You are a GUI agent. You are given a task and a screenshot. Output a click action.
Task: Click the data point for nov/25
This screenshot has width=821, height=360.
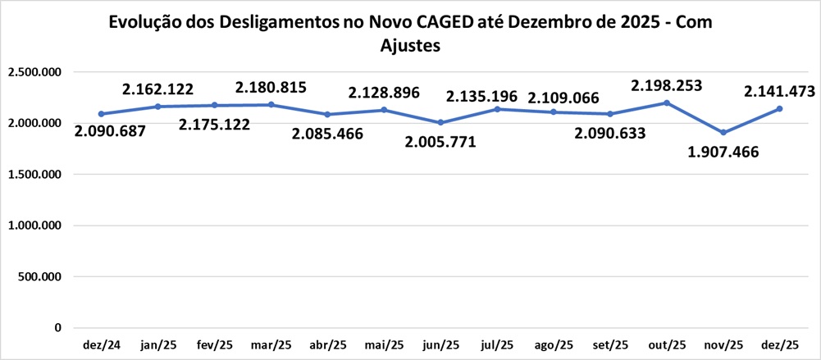click(x=723, y=132)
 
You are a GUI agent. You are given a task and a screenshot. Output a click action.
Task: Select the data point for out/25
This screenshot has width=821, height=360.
click(x=666, y=103)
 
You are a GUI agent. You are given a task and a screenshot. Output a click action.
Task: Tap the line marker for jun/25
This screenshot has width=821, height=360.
click(x=440, y=122)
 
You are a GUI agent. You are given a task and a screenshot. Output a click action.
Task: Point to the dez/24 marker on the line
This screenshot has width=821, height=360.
click(x=101, y=114)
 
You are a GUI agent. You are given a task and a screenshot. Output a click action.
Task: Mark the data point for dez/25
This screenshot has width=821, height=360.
click(x=779, y=108)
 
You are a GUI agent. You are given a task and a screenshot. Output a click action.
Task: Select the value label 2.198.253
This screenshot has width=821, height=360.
click(x=666, y=85)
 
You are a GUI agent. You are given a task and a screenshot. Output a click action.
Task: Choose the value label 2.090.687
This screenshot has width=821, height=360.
click(x=110, y=131)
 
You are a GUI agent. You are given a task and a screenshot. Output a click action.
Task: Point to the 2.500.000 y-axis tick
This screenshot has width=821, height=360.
click(x=34, y=73)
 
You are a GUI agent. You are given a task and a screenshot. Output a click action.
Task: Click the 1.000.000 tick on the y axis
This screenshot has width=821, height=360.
click(x=34, y=226)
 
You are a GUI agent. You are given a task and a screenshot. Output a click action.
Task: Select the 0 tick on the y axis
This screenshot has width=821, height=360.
click(x=57, y=328)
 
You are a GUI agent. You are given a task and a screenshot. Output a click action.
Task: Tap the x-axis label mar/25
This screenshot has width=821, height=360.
click(x=271, y=344)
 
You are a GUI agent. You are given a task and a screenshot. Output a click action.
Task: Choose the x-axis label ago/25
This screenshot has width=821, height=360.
click(x=553, y=344)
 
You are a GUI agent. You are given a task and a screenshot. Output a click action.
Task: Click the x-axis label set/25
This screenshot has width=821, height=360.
click(x=609, y=344)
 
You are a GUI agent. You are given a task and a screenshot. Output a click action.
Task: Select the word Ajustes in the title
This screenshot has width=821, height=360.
click(x=411, y=46)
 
